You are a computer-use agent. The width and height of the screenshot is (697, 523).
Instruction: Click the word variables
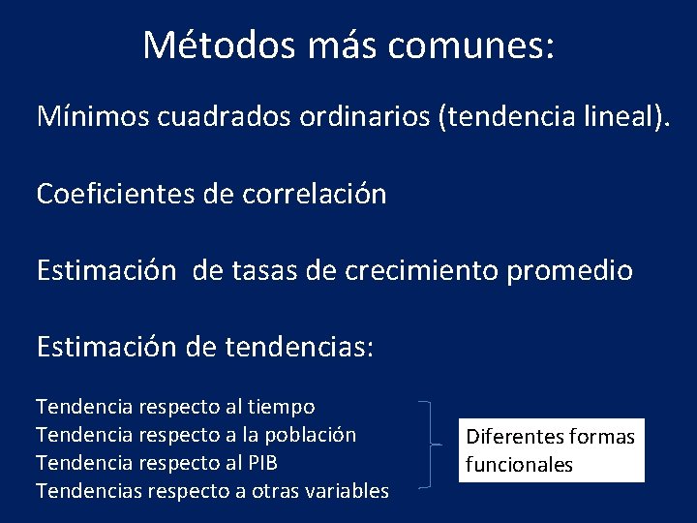[x=347, y=491]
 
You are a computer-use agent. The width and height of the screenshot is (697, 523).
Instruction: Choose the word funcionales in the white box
[x=519, y=465]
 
